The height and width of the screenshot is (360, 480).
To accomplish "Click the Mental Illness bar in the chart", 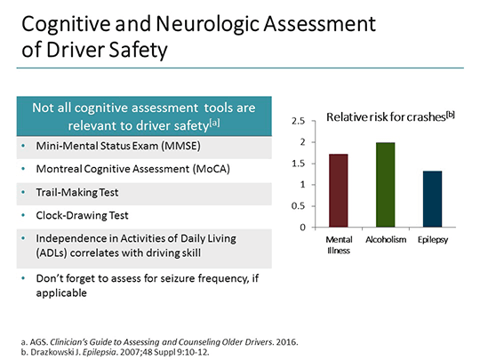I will (338, 190).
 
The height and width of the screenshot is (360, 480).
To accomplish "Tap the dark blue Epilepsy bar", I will (432, 198).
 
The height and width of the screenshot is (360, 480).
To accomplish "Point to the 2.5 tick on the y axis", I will (299, 121).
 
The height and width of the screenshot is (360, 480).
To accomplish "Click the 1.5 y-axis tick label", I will (299, 164).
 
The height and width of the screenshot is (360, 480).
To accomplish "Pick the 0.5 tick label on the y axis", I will (299, 206).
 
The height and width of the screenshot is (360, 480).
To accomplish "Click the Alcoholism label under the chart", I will (385, 240).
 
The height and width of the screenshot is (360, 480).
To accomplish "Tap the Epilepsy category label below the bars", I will (433, 240).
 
